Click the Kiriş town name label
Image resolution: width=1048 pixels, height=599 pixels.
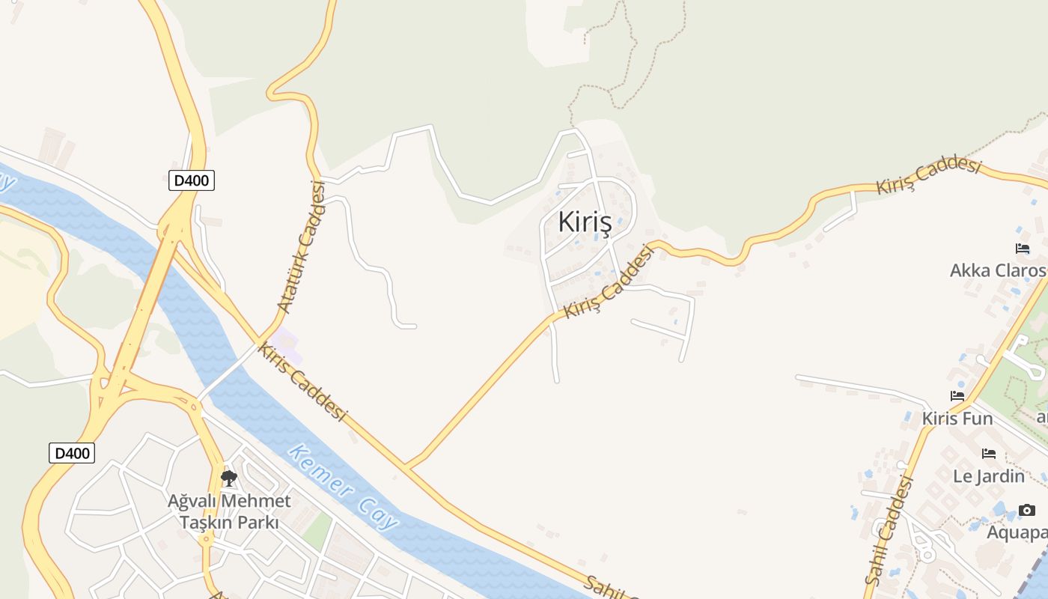(585, 222)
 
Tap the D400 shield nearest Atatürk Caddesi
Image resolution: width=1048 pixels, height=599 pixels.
(192, 180)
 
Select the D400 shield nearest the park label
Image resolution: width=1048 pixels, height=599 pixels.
(72, 453)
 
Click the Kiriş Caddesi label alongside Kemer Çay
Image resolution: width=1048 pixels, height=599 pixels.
(302, 381)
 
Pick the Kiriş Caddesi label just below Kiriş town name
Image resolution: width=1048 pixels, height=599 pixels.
(609, 282)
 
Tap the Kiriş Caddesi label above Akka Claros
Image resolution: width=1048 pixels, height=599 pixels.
(928, 176)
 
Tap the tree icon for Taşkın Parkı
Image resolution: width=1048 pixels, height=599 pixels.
(229, 478)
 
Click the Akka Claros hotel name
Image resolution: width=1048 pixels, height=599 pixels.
(998, 270)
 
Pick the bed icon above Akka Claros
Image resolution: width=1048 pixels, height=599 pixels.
(1023, 249)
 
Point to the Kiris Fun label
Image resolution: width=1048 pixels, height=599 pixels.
(957, 418)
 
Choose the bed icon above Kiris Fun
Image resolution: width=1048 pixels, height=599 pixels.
(957, 395)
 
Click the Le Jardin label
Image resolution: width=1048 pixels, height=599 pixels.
(989, 475)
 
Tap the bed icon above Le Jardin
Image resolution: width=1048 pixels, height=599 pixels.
(989, 453)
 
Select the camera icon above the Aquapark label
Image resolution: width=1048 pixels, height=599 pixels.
(1027, 511)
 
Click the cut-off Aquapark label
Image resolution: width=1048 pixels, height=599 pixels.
(1017, 532)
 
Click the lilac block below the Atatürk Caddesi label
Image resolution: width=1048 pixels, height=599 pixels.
(287, 346)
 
